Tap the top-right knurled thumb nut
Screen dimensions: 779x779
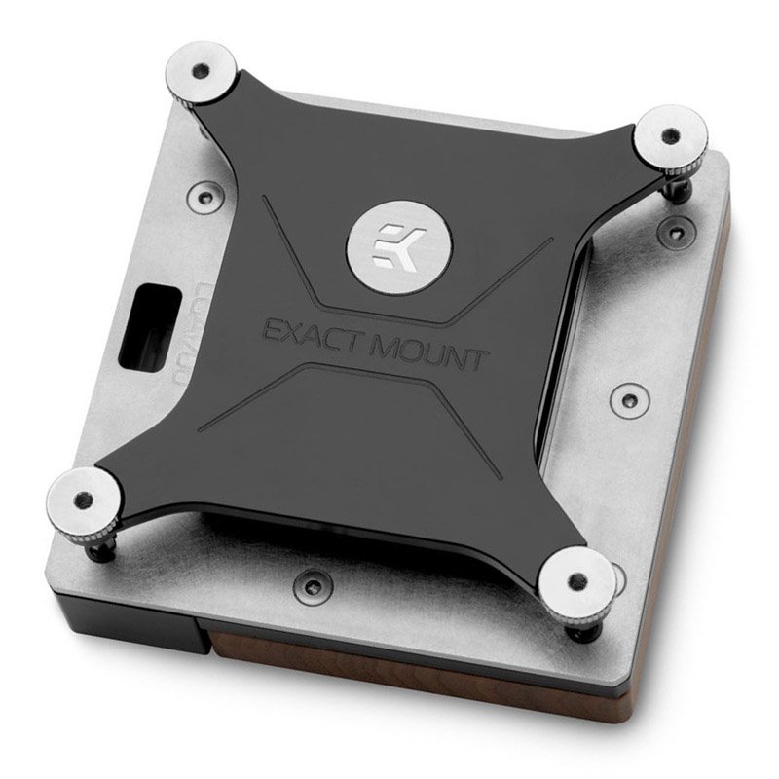672,137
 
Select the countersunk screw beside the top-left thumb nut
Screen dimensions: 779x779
203,196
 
